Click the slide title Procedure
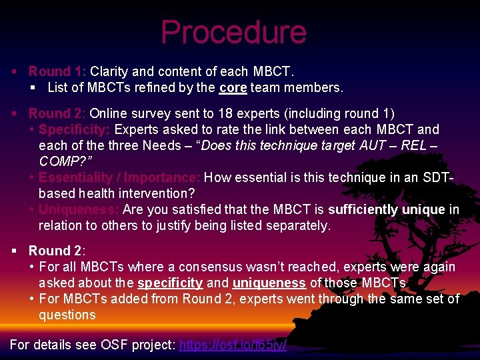click(233, 32)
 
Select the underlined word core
click(233, 87)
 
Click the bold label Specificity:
click(75, 129)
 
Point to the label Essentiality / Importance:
click(119, 177)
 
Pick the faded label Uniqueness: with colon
click(79, 209)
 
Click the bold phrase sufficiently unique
click(387, 209)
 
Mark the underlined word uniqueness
click(269, 283)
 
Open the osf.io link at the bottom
click(233, 345)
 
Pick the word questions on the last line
click(67, 315)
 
